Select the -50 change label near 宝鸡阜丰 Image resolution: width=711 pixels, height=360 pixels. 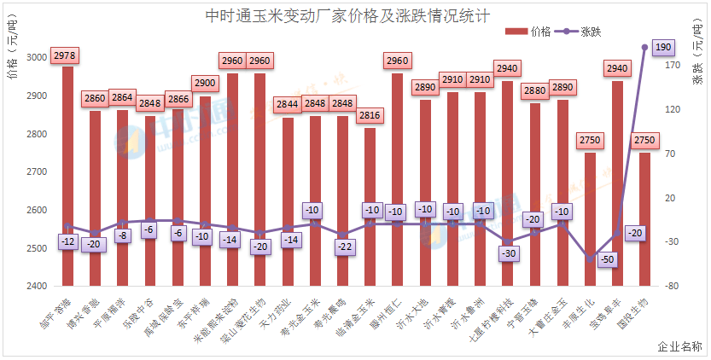[608, 259]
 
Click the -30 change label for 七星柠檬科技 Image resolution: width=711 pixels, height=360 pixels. [510, 254]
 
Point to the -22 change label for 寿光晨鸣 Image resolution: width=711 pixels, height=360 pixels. [343, 247]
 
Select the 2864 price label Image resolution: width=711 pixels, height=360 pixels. [122, 98]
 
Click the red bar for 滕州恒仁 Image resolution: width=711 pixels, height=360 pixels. [397, 179]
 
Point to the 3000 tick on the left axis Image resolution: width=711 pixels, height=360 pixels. [38, 58]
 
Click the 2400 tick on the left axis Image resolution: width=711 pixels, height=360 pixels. [38, 287]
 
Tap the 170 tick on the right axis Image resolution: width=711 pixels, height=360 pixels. [673, 65]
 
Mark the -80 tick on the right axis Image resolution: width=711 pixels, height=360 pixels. [673, 287]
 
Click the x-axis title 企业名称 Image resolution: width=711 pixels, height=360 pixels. [680, 347]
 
